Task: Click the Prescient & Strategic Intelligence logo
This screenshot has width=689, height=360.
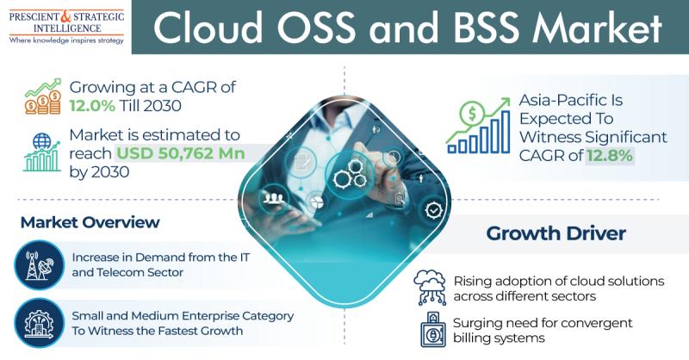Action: (66, 28)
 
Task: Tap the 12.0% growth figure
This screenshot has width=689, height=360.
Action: (92, 105)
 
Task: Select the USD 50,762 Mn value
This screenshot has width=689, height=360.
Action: (181, 153)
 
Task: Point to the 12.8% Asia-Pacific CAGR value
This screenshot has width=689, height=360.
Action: (610, 155)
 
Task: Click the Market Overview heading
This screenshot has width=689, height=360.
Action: (90, 222)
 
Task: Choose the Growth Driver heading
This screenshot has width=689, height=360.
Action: (556, 233)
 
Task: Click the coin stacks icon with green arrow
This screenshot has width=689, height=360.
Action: (43, 96)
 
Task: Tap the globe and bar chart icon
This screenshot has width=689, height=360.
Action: (41, 152)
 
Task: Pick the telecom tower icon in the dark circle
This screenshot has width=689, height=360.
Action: (39, 265)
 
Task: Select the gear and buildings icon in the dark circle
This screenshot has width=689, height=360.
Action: (39, 323)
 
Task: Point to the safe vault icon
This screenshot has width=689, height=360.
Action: (433, 330)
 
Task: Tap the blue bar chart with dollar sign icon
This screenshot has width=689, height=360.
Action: (479, 125)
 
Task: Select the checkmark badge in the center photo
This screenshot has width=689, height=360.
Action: (434, 210)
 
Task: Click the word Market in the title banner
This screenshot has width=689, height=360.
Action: (597, 28)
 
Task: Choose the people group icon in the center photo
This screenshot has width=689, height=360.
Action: (274, 199)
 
